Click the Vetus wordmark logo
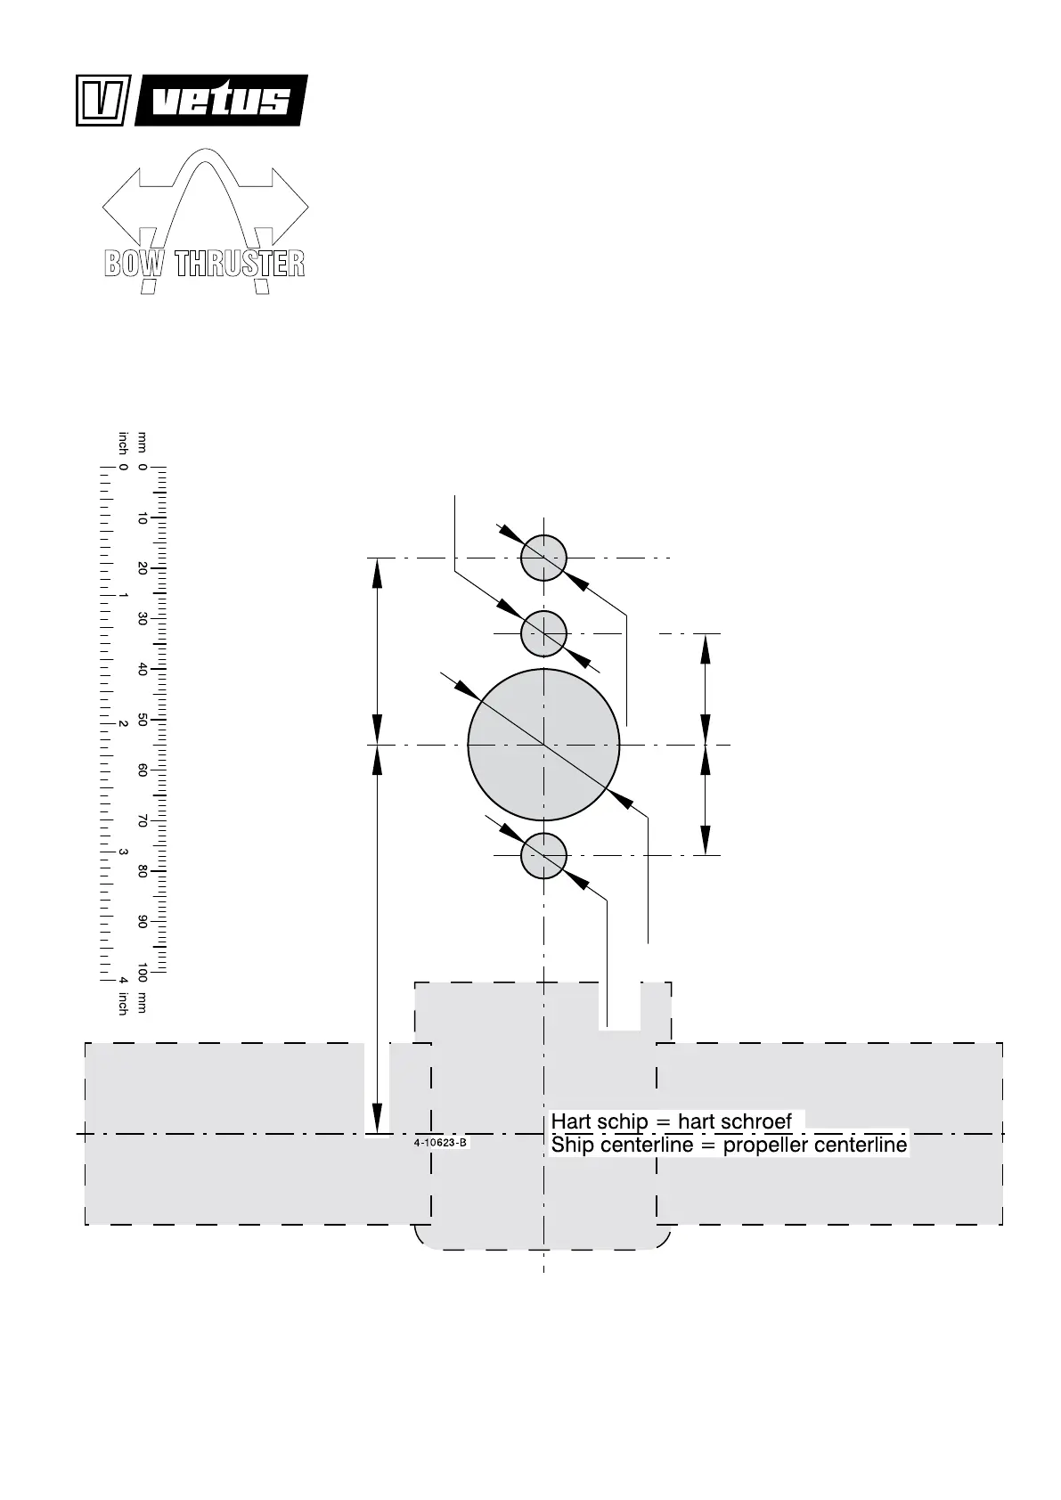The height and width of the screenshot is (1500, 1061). coord(221,101)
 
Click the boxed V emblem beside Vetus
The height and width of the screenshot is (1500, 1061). coord(103,101)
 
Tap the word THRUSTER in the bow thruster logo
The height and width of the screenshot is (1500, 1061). coord(240,263)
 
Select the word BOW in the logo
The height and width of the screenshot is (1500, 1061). coord(134,263)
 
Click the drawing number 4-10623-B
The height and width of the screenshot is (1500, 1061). coord(440,1143)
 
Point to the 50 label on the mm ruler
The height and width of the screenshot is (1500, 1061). coord(142,720)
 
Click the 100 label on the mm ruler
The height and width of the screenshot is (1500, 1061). coord(142,973)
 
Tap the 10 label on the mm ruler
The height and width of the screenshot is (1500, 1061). coord(142,518)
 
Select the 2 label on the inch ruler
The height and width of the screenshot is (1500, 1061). coord(123,724)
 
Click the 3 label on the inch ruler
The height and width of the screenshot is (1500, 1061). coord(123,852)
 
